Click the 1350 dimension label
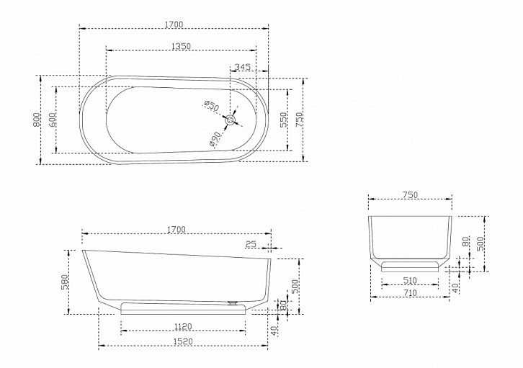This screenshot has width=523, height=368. coord(181,46)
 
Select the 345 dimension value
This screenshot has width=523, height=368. coord(243,67)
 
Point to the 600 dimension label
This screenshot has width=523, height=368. coord(52,120)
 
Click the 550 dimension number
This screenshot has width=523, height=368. coord(283,120)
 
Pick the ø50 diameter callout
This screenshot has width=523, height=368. coord(212,106)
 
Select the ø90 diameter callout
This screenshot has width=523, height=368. coord(215,139)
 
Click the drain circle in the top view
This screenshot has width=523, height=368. coord(230,120)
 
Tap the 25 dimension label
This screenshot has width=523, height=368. coord(251,244)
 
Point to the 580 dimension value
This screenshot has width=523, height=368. coord(65,282)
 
